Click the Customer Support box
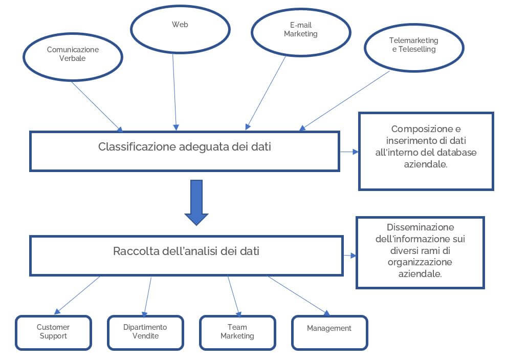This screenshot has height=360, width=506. pyautogui.click(x=53, y=332)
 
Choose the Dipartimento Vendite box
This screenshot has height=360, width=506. pyautogui.click(x=145, y=332)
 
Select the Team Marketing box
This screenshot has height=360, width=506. pyautogui.click(x=237, y=332)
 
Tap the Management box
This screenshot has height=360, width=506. pyautogui.click(x=329, y=328)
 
